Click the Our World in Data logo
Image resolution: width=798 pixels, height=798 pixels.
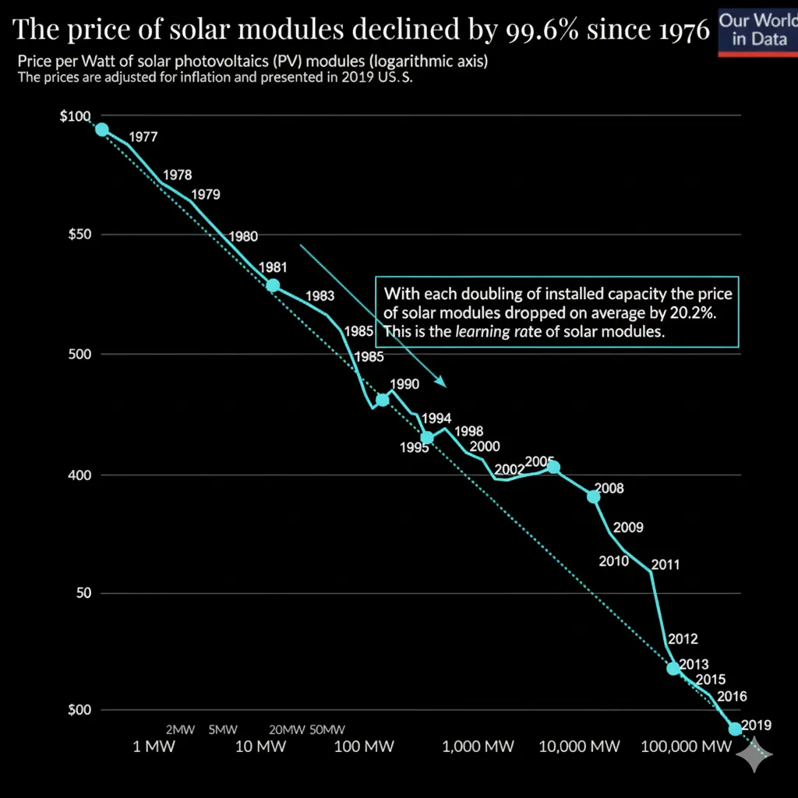coord(757,29)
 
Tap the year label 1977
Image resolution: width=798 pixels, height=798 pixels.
coord(143,137)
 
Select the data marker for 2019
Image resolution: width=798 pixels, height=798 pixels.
coord(735,729)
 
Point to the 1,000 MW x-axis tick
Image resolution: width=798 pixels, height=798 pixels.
coord(478,747)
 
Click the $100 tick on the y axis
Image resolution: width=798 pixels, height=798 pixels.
coord(75,117)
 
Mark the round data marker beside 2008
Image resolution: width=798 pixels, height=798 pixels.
coord(594,496)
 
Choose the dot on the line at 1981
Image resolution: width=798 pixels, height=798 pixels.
coord(273,285)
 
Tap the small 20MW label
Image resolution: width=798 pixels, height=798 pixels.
coord(287,730)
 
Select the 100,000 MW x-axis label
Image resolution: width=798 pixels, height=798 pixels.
coord(686,747)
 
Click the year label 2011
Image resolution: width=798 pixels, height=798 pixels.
coord(665,564)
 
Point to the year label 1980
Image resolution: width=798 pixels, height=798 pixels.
coord(242,236)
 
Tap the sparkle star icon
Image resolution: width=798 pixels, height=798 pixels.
coord(755,755)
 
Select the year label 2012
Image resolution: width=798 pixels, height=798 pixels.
coord(682,640)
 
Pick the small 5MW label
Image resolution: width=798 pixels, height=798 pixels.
coord(223,730)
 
